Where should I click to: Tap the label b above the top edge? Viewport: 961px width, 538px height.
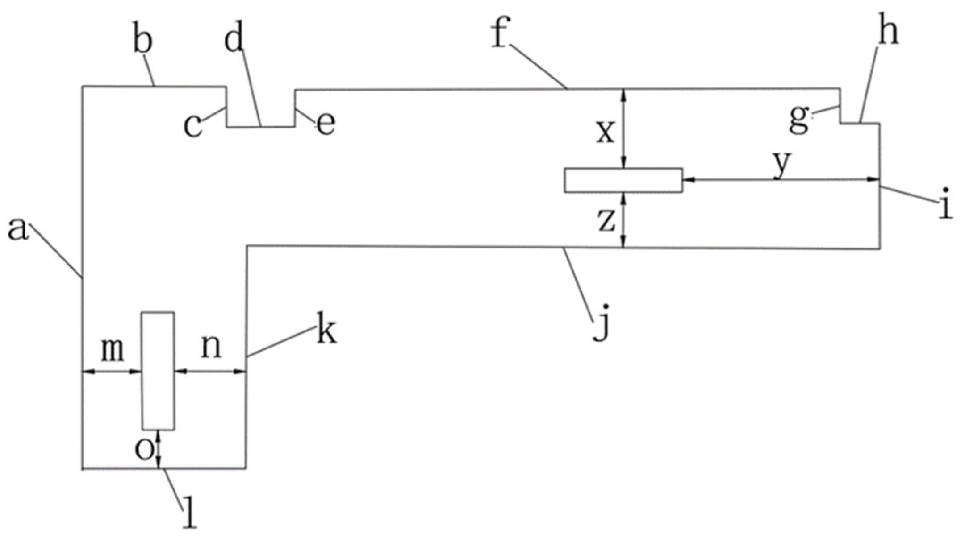tap(142, 41)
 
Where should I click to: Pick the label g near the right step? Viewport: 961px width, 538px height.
tap(799, 120)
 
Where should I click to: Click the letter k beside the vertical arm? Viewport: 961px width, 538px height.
tap(326, 332)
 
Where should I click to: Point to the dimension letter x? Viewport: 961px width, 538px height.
tap(606, 132)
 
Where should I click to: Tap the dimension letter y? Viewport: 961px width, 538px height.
tap(782, 164)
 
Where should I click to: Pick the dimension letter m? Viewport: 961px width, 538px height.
tap(112, 350)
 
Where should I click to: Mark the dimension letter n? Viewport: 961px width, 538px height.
tap(211, 348)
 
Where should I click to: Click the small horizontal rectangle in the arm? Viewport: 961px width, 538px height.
tap(623, 180)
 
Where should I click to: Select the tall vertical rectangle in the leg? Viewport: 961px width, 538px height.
tap(158, 371)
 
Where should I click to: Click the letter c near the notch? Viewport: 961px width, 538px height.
tap(193, 126)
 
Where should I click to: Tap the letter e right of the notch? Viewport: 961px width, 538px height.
tap(326, 124)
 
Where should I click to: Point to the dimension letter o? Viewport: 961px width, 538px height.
tap(144, 450)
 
